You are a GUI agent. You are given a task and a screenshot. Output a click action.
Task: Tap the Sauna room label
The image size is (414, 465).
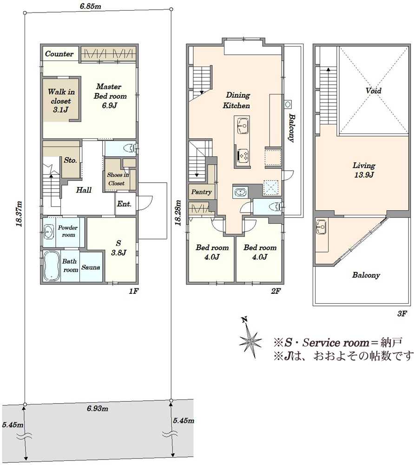[91, 267]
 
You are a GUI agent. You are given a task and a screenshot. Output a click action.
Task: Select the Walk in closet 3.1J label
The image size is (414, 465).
[61, 100]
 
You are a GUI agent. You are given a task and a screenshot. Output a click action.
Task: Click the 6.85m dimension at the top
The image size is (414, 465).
[91, 6]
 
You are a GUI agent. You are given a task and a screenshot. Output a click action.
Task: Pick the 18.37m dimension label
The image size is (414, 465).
[19, 214]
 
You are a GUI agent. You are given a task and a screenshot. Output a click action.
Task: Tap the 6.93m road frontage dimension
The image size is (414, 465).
[97, 408]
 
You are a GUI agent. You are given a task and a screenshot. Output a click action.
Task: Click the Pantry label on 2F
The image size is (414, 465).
[201, 192]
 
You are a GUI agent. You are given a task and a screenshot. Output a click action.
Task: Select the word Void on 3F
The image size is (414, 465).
[374, 91]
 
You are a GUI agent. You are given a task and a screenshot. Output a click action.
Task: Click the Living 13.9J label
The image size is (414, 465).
[364, 170]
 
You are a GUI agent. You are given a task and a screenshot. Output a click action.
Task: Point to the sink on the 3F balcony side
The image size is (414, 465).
[321, 227]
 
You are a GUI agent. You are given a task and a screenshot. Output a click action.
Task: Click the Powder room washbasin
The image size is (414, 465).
[49, 232]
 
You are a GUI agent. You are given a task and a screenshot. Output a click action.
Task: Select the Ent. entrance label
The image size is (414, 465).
[124, 204]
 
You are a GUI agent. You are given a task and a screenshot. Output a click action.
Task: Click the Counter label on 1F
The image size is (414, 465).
[59, 54]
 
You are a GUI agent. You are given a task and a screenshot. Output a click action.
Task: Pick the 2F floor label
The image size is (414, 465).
[276, 291]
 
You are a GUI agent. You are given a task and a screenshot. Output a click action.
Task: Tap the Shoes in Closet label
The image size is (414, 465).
[118, 179]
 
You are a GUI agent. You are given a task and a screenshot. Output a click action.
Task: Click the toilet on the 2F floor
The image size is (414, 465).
[276, 206]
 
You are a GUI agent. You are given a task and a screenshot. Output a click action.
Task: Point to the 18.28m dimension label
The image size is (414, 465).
[178, 213]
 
